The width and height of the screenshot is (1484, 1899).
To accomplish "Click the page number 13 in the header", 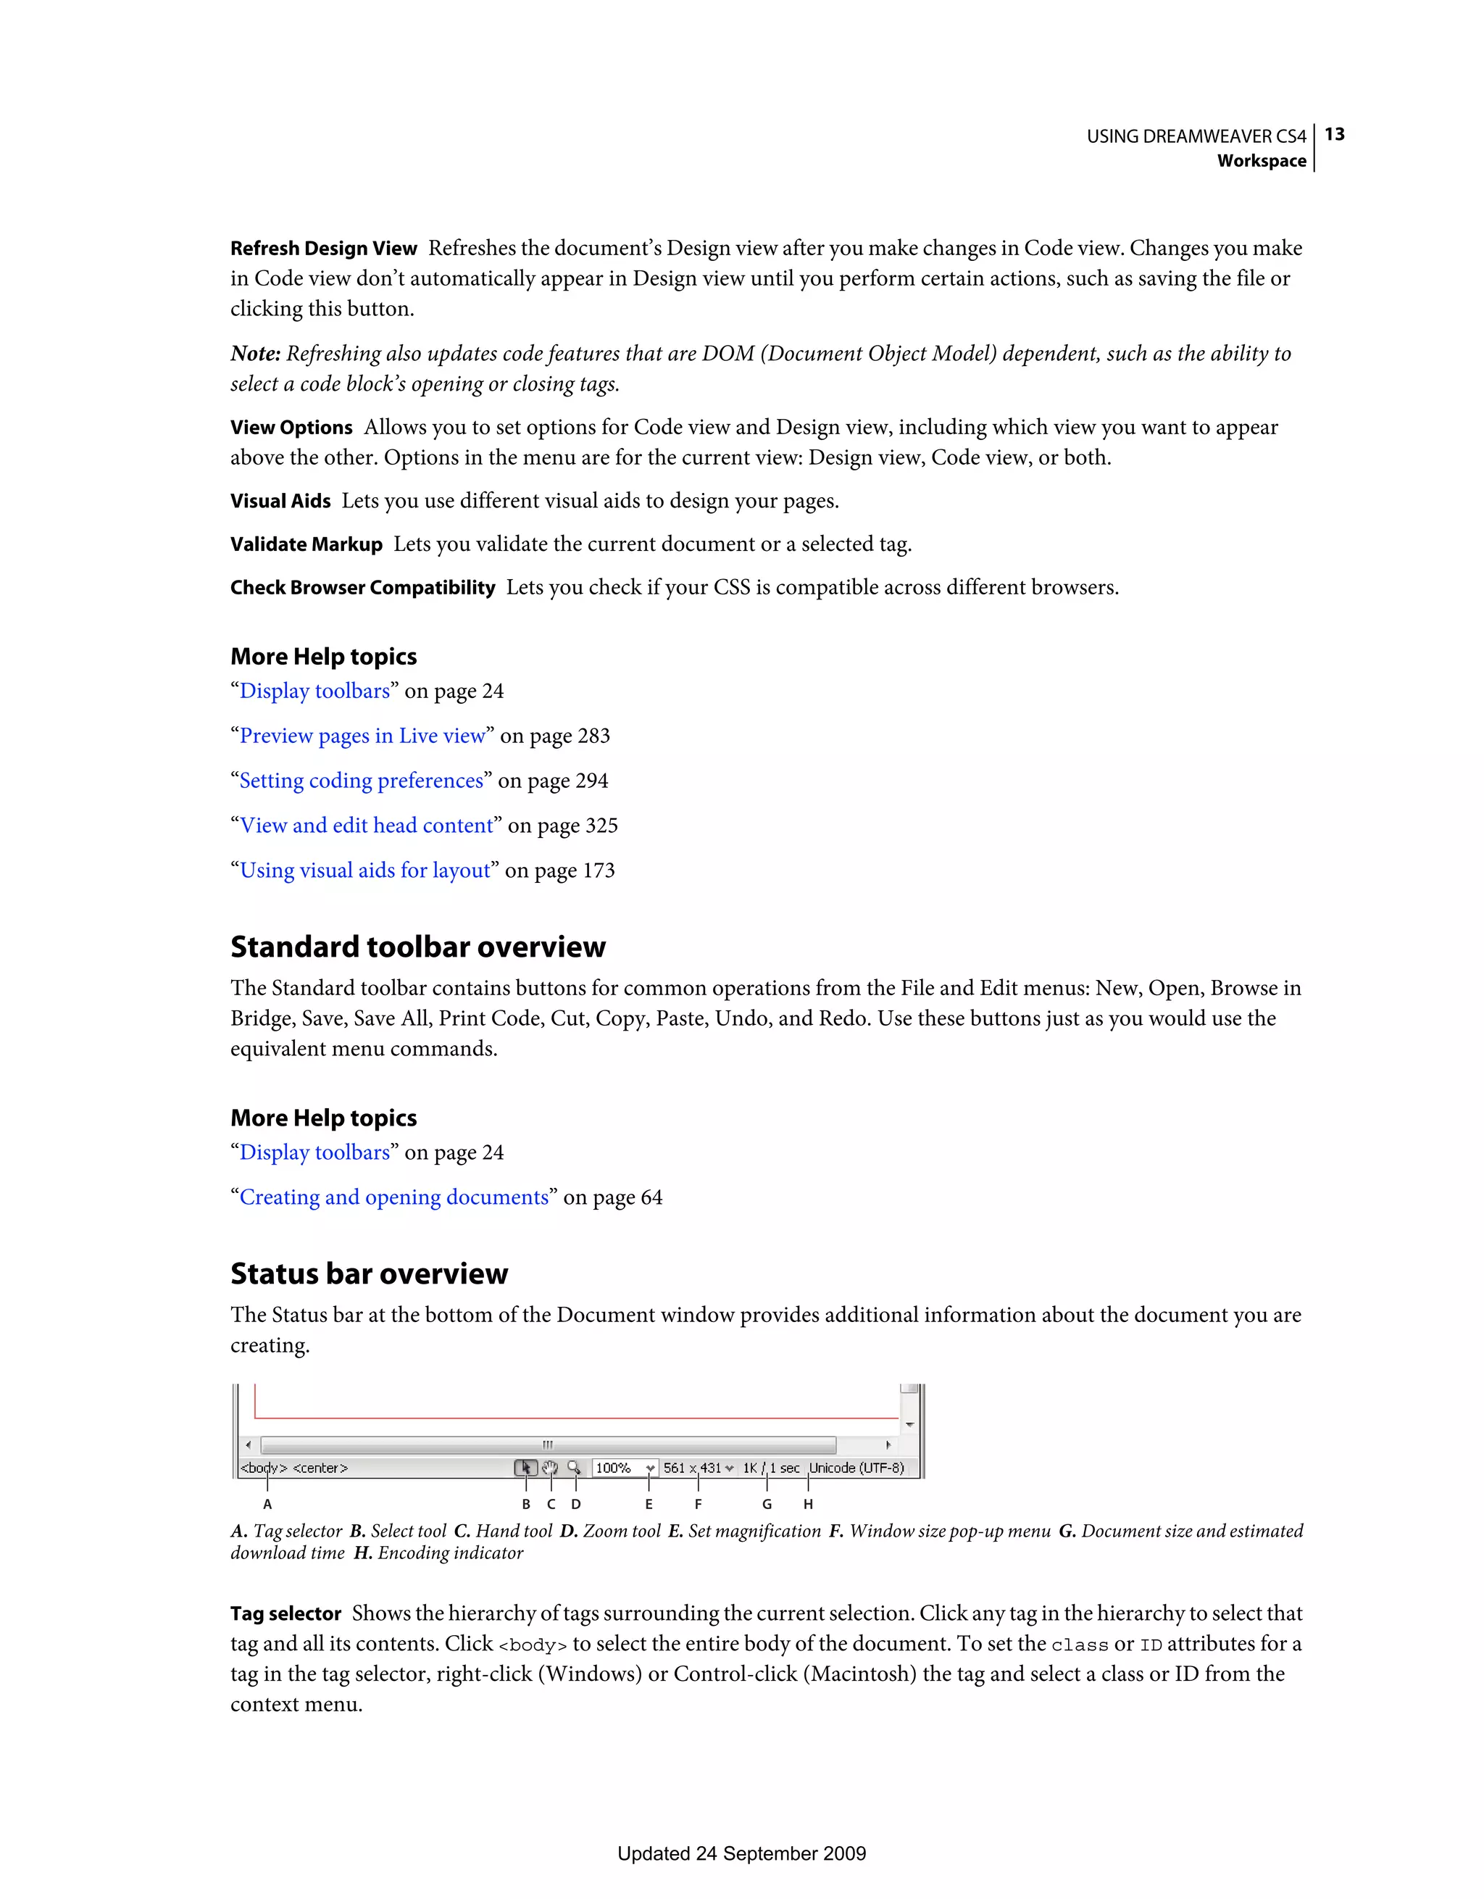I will pos(1335,135).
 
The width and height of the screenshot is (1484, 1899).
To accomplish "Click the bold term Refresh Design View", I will pos(323,249).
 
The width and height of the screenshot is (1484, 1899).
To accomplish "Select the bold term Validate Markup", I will pos(306,544).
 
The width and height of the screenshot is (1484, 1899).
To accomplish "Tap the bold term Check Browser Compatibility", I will pos(362,588).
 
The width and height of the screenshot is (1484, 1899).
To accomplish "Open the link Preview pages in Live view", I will pos(362,736).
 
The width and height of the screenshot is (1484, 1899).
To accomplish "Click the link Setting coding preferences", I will pos(361,781).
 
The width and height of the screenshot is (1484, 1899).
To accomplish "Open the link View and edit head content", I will pos(366,826).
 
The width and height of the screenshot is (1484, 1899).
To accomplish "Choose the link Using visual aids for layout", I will pos(364,871).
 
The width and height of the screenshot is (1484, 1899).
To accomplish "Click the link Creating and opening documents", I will pos(393,1198).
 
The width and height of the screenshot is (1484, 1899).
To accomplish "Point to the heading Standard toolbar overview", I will pos(417,947).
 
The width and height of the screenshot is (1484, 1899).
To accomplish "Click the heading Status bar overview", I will pos(369,1273).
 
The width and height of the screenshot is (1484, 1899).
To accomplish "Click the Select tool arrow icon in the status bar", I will pos(526,1468).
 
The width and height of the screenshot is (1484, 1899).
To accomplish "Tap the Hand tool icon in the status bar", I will pos(550,1468).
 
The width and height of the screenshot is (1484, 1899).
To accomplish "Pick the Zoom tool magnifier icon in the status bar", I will pos(574,1468).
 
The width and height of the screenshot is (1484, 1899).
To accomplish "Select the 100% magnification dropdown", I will pos(624,1468).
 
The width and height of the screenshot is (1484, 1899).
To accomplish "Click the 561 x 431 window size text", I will pos(693,1468).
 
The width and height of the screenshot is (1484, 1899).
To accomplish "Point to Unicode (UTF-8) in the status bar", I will pos(856,1468).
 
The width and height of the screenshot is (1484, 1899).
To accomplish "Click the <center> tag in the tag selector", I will pos(320,1468).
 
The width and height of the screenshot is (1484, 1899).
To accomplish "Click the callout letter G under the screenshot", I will pos(767,1504).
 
